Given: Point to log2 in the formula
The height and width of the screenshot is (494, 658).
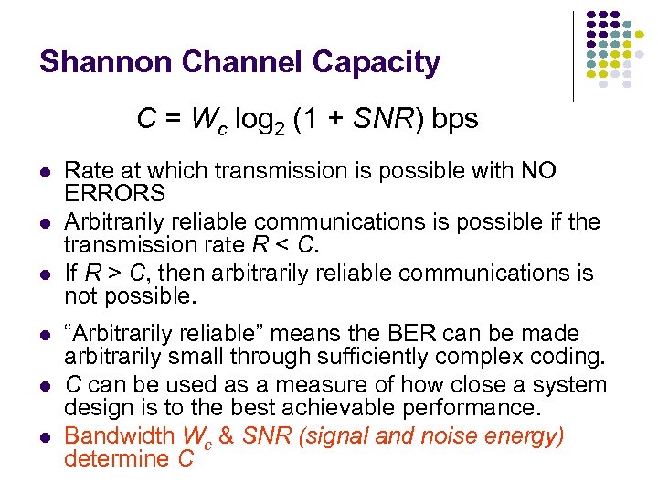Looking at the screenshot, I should pyautogui.click(x=261, y=121).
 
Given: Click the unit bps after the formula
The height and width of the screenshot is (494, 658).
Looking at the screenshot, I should pyautogui.click(x=456, y=119).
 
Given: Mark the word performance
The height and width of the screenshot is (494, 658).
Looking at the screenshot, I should pyautogui.click(x=467, y=408).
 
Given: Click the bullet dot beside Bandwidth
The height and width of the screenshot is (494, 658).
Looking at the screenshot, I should pyautogui.click(x=44, y=437).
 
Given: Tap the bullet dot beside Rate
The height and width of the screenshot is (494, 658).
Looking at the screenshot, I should pyautogui.click(x=44, y=172).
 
